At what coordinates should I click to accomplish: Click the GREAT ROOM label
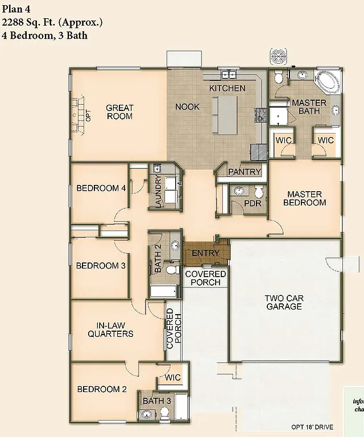tap(119, 112)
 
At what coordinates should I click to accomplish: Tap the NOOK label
tap(187, 106)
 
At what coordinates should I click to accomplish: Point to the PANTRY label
tap(244, 171)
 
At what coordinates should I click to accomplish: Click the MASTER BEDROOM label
tap(305, 198)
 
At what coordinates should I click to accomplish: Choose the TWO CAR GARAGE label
tap(284, 302)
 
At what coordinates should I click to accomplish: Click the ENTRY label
tap(205, 253)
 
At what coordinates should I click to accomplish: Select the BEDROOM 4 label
tap(101, 188)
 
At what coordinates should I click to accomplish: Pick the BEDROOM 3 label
tap(101, 265)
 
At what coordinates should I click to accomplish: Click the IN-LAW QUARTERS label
tap(110, 329)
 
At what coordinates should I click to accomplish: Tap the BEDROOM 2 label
tap(102, 389)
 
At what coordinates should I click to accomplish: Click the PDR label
tap(252, 203)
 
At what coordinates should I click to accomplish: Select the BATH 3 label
tap(156, 401)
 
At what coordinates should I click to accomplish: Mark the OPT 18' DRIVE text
tap(312, 427)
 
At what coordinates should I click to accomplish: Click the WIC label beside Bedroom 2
tap(173, 378)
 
